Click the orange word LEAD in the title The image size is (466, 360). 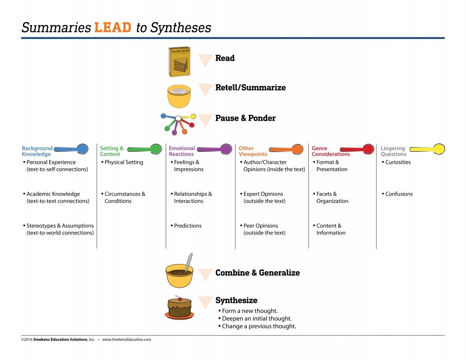[113, 27]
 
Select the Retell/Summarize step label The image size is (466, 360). [250, 88]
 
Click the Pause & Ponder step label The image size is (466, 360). [245, 118]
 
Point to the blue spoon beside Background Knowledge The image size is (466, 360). [72, 149]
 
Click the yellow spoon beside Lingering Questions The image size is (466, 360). [428, 149]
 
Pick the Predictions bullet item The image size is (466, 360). [188, 226]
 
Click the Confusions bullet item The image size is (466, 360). [398, 194]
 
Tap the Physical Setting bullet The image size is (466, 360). [123, 162]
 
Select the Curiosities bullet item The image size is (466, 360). [398, 162]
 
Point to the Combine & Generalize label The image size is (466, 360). [257, 273]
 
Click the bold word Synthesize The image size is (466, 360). [236, 300]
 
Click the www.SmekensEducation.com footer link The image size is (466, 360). [127, 340]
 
